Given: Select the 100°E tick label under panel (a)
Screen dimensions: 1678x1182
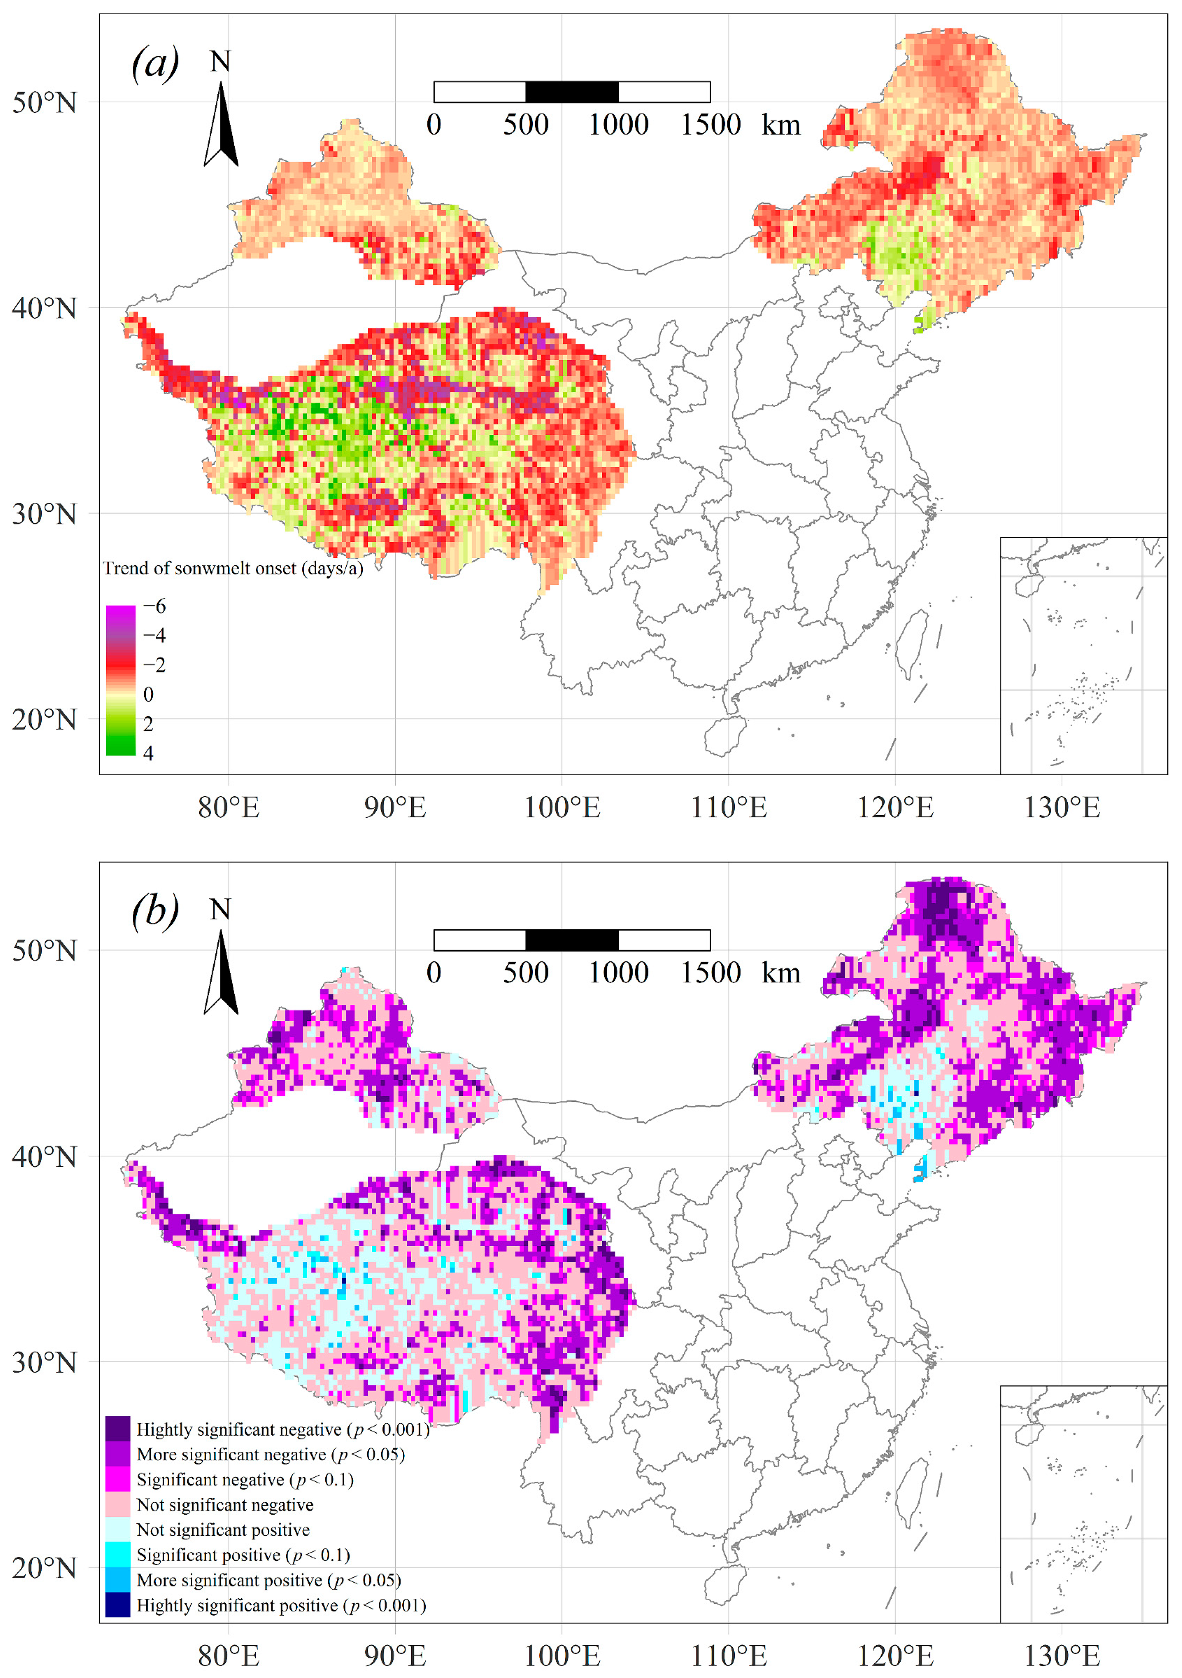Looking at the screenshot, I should pos(562,807).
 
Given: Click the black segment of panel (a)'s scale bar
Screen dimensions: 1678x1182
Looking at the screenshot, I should pos(572,92).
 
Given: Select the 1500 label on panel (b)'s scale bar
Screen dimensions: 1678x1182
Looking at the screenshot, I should pos(711,973).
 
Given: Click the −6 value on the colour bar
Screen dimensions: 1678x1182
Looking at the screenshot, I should pos(154,606).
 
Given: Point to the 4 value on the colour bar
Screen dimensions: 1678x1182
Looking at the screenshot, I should pos(148,753).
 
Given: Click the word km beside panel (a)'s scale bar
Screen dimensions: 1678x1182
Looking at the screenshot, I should pos(781,125).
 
